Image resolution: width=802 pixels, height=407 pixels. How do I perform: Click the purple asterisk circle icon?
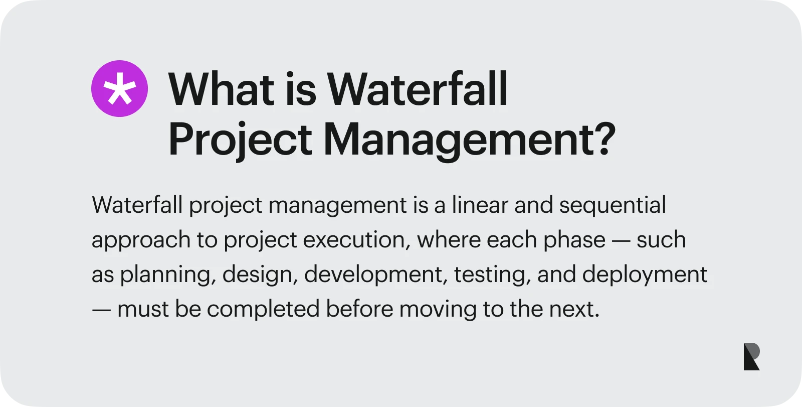[x=119, y=89]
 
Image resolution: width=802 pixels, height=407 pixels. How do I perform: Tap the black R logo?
[x=751, y=357]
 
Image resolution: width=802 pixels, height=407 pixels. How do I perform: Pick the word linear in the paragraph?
[x=480, y=205]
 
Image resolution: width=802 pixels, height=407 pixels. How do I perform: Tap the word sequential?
[x=613, y=205]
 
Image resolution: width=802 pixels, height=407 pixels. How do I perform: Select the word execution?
[x=353, y=240]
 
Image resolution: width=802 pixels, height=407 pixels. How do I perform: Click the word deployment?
[x=645, y=275]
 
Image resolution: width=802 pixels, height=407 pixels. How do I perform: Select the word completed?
[x=263, y=309]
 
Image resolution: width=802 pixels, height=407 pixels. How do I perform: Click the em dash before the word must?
[x=101, y=309]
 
